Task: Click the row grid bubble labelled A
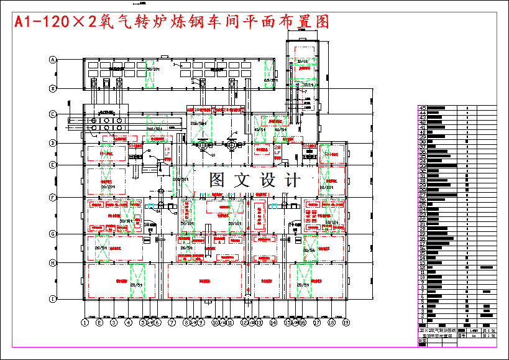(53, 60)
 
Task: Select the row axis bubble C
(53, 114)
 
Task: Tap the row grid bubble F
(53, 198)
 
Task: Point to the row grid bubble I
(53, 299)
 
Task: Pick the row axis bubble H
(53, 263)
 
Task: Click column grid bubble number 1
(85, 323)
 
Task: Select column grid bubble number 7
(172, 323)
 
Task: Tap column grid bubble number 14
(273, 323)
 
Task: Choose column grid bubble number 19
(346, 323)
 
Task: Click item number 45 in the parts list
(423, 108)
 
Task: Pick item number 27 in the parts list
(423, 195)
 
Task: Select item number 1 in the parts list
(423, 321)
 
